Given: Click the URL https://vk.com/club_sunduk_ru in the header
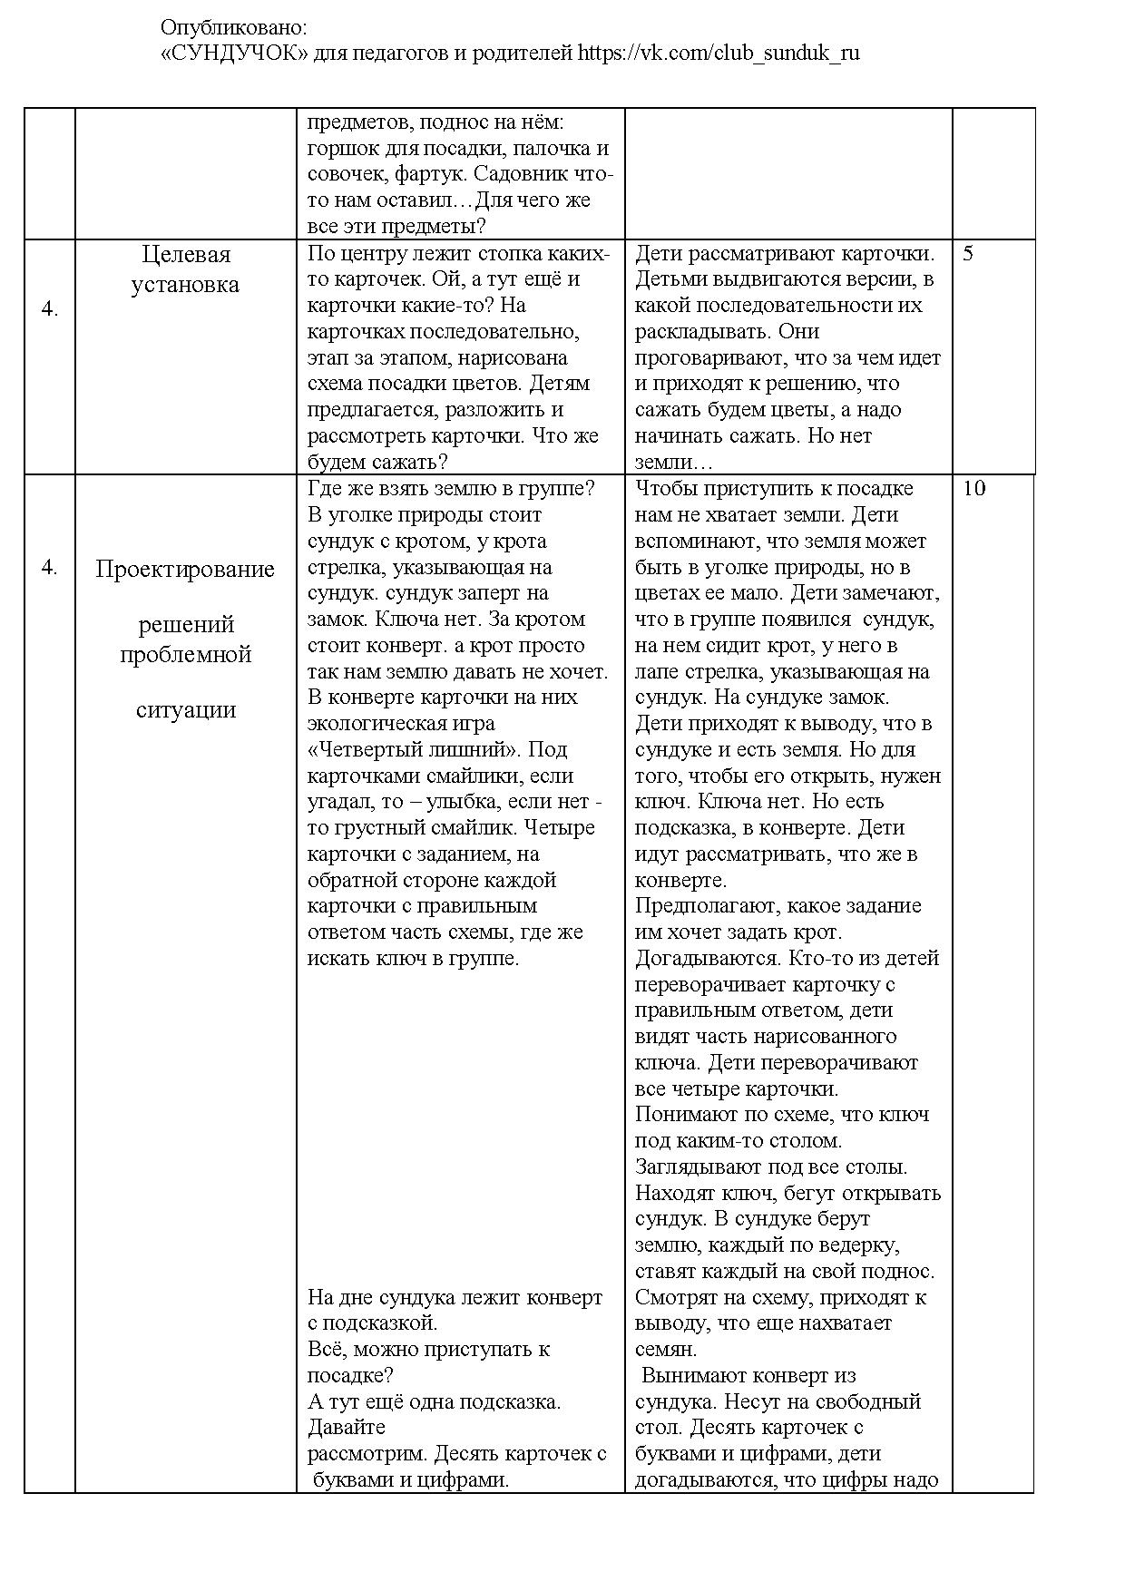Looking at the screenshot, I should [719, 54].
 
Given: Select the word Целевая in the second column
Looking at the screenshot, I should [187, 254].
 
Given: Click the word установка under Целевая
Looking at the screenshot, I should [185, 285].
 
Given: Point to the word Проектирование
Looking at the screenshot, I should [185, 570].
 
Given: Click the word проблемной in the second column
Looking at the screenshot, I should [185, 655].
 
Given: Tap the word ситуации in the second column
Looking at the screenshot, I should [185, 709].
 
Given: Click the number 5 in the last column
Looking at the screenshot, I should [968, 254].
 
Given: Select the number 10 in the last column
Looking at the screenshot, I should [973, 489].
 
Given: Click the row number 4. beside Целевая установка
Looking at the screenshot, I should [50, 309].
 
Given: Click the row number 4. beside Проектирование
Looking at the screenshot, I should [50, 568].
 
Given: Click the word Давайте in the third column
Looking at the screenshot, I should [347, 1428].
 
